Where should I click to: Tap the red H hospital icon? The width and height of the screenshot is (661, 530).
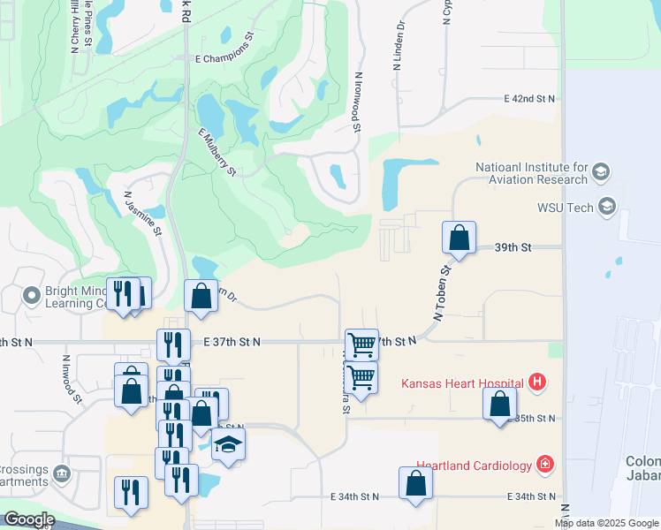pos(536,383)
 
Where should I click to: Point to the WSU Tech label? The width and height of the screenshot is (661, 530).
pos(566,208)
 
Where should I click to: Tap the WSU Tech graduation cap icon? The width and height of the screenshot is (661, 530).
pos(606,208)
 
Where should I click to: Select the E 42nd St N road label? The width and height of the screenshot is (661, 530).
pos(529,99)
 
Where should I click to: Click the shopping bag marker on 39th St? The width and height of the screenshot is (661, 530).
pos(459,238)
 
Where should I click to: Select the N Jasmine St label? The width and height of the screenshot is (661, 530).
pos(143,214)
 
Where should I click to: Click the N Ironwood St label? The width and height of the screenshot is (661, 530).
pos(357,102)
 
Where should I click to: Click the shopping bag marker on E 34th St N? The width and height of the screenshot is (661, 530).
pos(415,485)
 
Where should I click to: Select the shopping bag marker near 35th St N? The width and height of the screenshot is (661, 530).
pos(499,405)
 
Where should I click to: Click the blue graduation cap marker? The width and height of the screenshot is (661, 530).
pos(228,445)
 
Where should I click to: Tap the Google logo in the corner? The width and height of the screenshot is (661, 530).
pos(28,519)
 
